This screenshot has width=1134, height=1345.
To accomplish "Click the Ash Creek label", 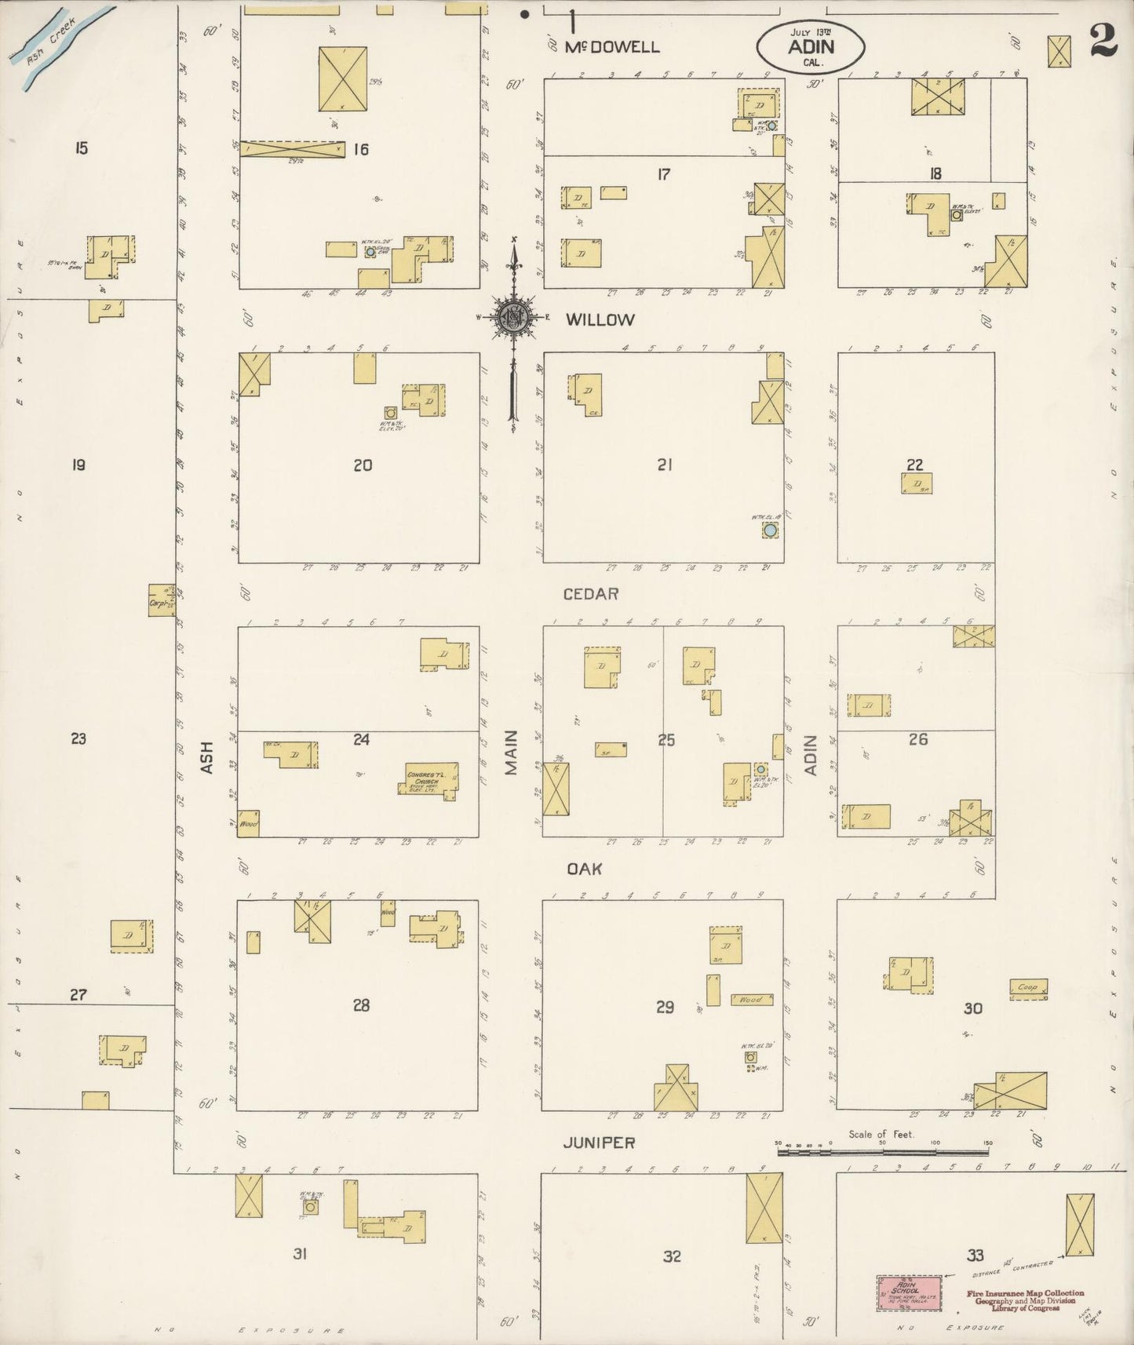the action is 49,36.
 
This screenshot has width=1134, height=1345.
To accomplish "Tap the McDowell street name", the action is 612,47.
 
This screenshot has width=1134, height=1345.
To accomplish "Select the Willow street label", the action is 600,319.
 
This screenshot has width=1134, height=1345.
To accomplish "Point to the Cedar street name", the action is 591,594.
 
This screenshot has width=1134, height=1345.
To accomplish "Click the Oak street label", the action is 584,869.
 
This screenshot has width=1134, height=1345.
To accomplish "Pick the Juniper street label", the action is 599,1143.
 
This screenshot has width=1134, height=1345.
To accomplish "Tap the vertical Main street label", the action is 512,753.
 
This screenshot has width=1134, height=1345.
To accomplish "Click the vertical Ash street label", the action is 207,757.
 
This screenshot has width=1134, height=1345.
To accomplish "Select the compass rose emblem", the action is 512,318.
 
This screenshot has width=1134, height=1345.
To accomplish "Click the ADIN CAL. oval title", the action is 811,46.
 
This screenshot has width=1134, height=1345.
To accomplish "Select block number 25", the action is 666,739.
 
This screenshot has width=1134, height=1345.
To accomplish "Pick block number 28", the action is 361,1005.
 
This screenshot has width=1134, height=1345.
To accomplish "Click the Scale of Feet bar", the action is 883,1152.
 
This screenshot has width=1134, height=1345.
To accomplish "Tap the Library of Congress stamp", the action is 1025,1300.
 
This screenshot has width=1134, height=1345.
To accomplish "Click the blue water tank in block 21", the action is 771,530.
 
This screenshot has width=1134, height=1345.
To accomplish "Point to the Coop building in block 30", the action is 1028,987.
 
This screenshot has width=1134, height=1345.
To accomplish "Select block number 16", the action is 360,149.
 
